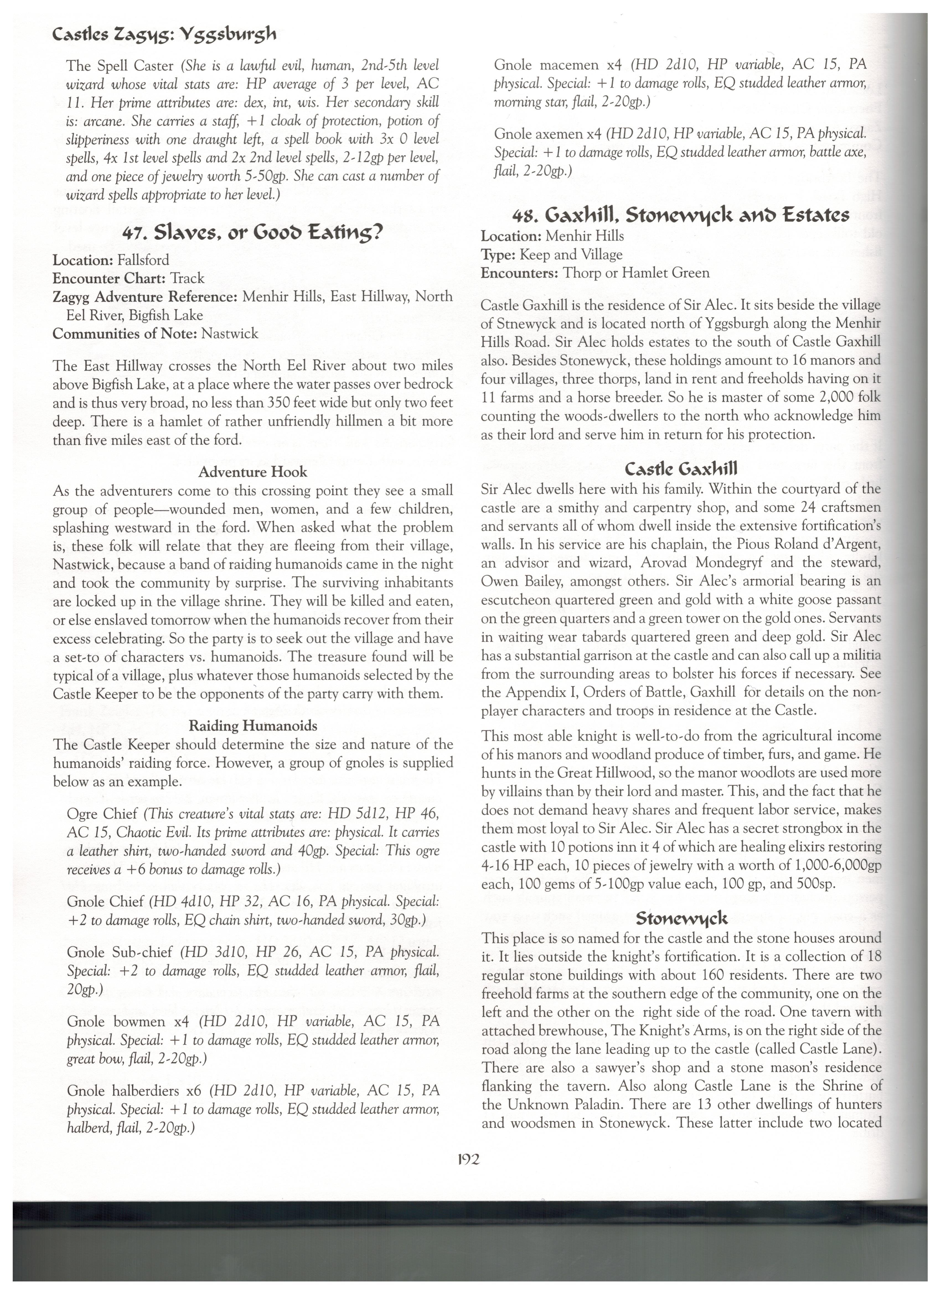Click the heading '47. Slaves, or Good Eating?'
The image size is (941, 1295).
(253, 233)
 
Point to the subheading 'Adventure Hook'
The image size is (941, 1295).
(253, 472)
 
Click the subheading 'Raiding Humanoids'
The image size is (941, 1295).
(253, 726)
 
